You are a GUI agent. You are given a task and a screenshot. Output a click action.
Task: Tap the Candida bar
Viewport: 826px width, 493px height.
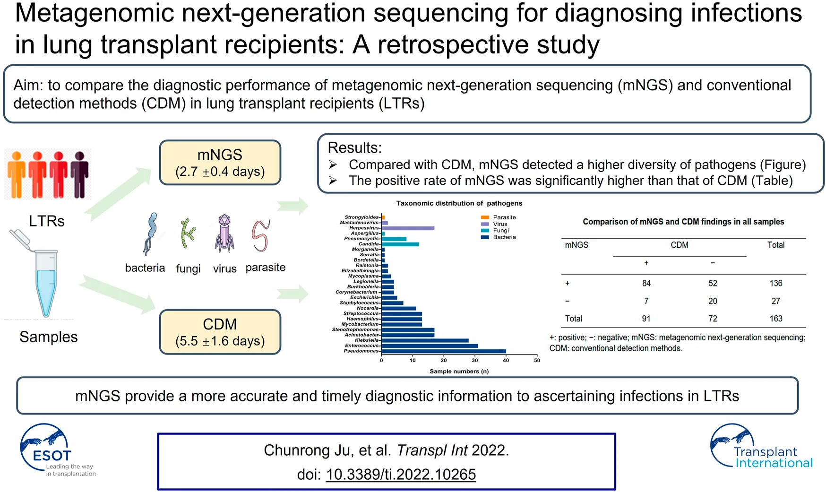tap(400, 244)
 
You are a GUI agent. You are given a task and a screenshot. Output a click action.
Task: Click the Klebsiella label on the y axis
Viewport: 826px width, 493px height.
tap(367, 340)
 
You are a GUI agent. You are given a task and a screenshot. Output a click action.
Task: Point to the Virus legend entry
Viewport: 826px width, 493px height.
tap(499, 224)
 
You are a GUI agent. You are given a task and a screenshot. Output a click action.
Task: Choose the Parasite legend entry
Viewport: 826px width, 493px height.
tap(504, 217)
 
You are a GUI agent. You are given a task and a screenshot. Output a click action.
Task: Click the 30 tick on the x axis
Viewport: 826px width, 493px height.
tap(475, 360)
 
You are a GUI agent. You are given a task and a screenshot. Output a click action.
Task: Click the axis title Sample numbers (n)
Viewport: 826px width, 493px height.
tap(459, 372)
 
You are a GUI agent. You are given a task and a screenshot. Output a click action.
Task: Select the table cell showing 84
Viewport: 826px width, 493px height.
tap(646, 283)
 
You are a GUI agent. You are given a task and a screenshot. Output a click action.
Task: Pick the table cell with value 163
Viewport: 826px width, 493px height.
tap(775, 319)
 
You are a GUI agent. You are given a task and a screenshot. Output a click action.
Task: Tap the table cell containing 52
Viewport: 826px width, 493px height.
tap(713, 283)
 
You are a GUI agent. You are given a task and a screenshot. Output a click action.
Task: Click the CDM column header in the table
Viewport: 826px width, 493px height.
tap(679, 245)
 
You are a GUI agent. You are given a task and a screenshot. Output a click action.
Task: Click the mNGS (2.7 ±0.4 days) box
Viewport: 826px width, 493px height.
tap(220, 163)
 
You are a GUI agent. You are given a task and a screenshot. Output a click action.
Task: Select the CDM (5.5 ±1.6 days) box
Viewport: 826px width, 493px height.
tap(220, 332)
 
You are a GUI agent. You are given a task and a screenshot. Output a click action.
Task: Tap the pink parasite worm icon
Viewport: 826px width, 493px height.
tap(260, 235)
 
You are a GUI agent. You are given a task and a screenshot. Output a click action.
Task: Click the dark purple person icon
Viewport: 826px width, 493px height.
tap(79, 174)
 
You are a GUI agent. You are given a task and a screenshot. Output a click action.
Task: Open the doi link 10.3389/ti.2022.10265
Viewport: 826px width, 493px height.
tap(401, 474)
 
